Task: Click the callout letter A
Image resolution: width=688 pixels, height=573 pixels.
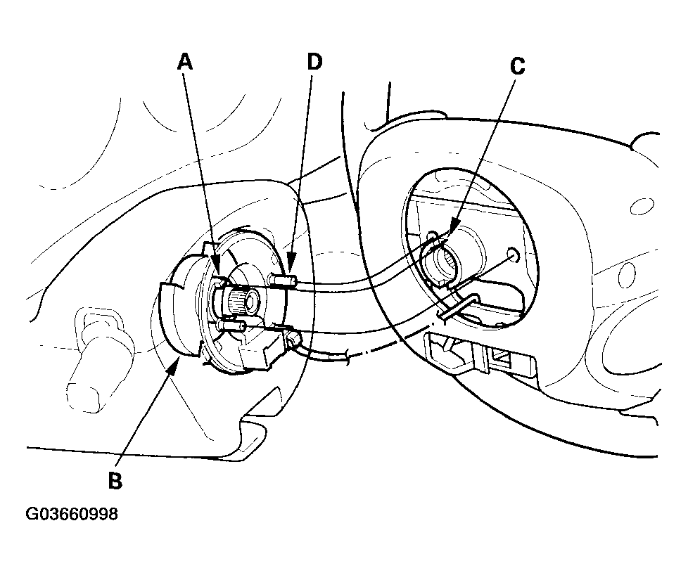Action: point(185,62)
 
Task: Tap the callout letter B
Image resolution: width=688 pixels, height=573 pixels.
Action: point(115,481)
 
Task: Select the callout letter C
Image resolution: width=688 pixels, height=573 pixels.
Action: point(518,66)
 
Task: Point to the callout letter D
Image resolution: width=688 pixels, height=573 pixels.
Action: point(314,62)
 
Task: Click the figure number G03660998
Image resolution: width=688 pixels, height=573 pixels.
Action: point(72,514)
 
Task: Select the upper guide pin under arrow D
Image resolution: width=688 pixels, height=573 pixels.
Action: point(281,280)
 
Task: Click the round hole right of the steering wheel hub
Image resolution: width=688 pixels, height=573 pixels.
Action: point(511,255)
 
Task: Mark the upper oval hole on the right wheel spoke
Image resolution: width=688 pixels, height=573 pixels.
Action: point(642,206)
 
